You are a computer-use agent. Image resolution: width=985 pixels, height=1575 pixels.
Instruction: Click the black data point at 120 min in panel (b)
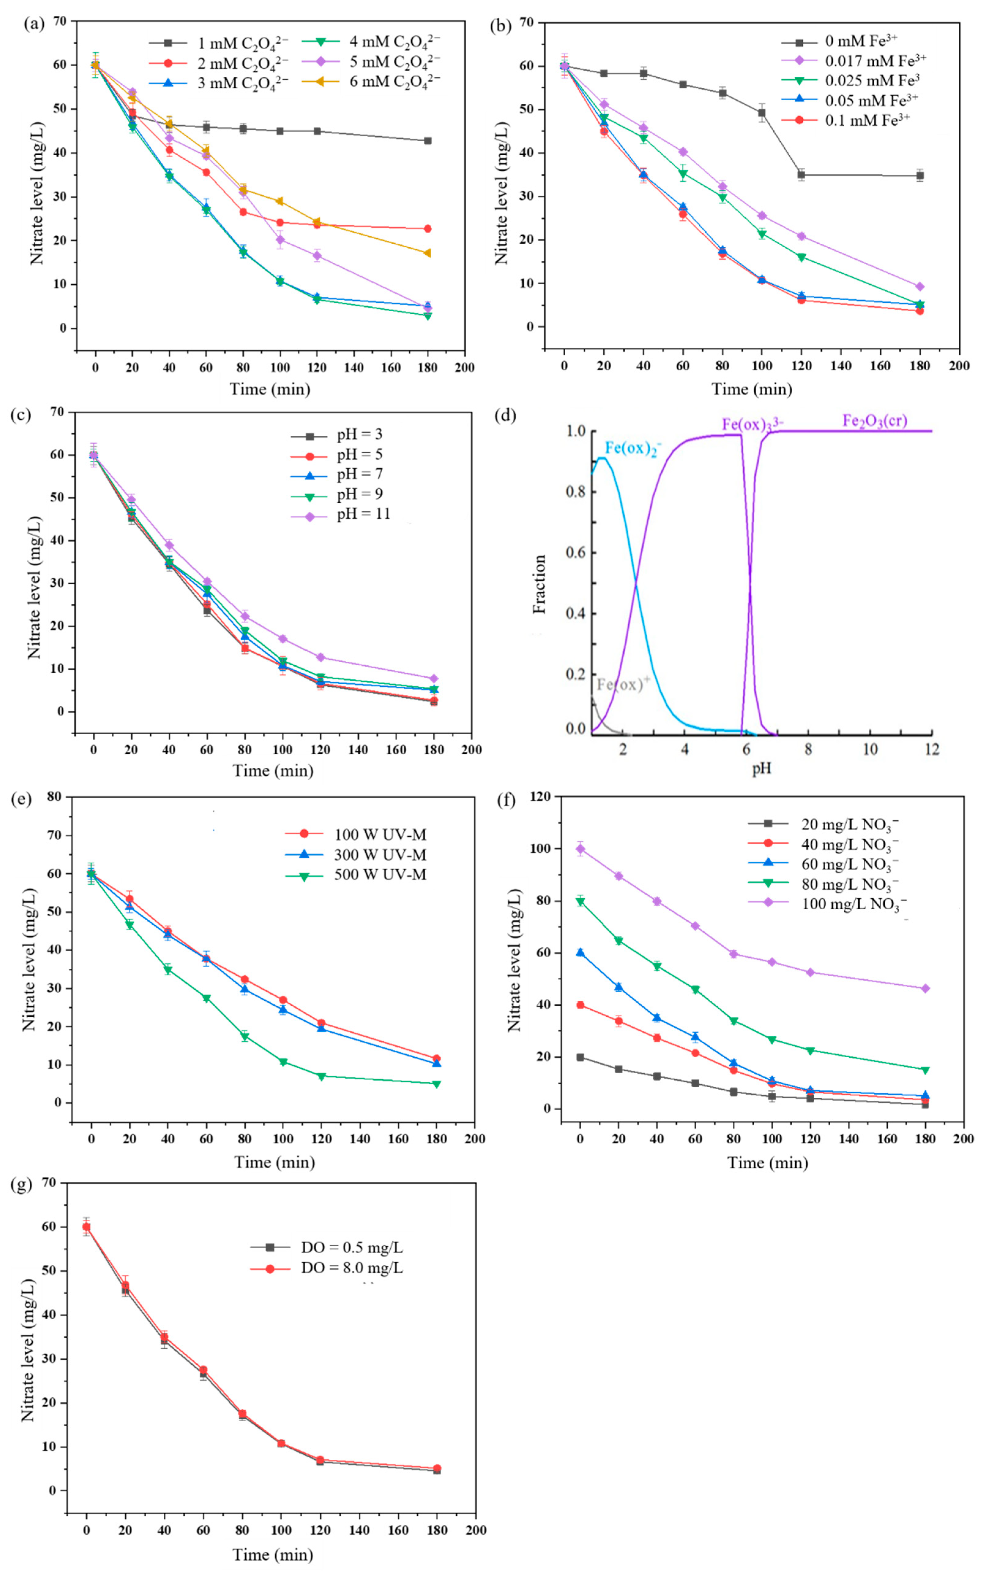click(801, 175)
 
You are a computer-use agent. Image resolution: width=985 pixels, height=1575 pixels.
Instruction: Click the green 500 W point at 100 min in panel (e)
click(283, 1062)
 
